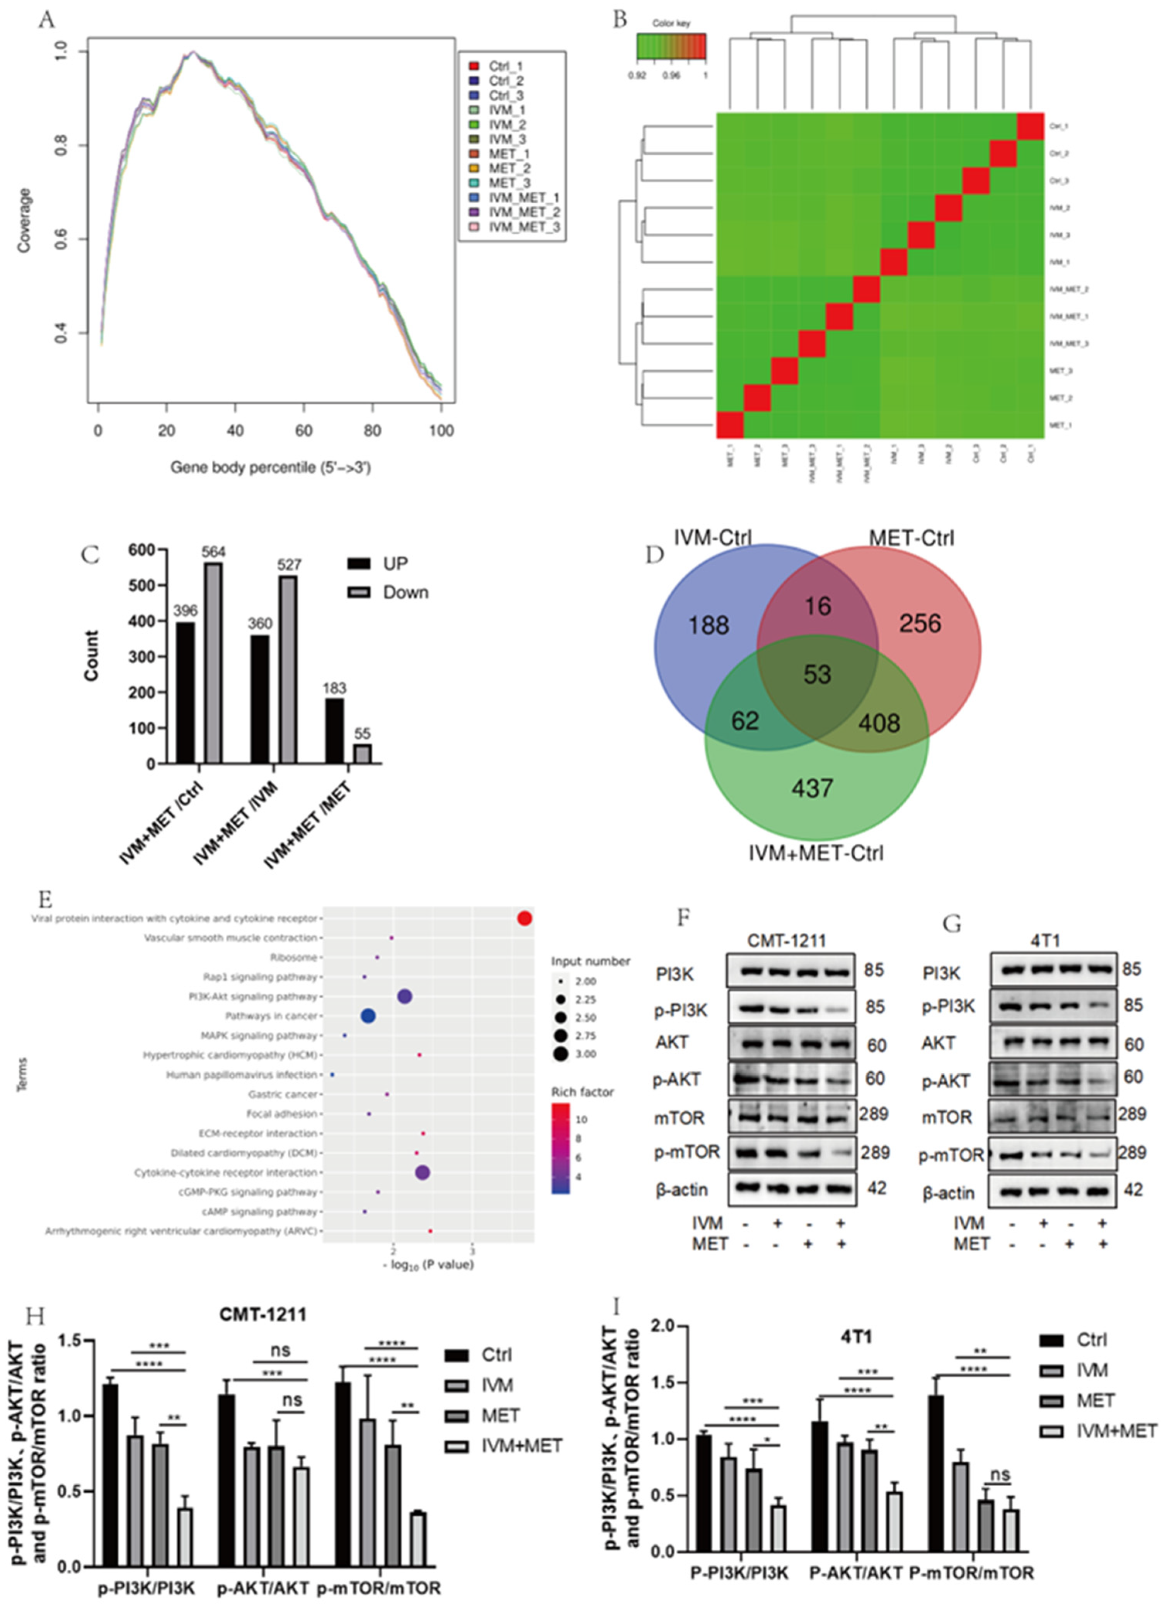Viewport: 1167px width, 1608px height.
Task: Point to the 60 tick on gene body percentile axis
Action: (303, 430)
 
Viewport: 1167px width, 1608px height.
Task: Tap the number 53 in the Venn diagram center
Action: (817, 674)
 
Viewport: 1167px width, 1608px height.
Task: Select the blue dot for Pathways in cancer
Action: (368, 1016)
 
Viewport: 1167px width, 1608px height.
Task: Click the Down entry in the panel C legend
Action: (405, 593)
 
